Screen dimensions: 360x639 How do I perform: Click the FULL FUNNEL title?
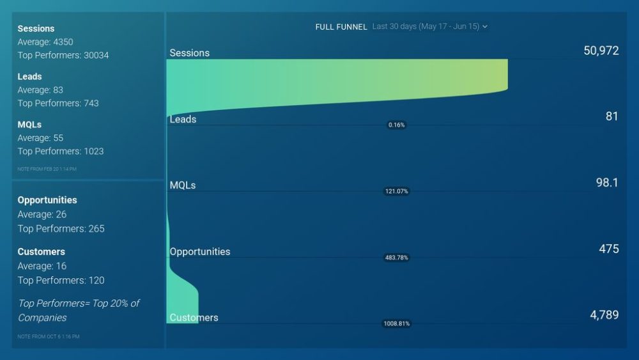tap(341, 27)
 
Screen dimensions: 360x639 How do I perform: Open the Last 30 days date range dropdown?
tap(429, 27)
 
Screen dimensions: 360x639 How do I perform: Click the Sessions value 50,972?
tap(601, 51)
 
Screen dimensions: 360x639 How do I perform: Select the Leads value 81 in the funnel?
tap(612, 116)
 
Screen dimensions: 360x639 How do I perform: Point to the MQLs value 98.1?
tap(606, 183)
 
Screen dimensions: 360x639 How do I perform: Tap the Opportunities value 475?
tap(608, 249)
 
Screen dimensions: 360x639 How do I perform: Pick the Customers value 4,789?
tap(604, 315)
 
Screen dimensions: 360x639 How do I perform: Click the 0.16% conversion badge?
tap(396, 125)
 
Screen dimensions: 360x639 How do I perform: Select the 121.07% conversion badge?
tap(396, 191)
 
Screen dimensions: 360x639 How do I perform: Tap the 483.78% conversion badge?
tap(396, 258)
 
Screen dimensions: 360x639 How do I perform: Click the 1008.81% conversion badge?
tap(396, 324)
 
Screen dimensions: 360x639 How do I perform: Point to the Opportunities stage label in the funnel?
tap(200, 251)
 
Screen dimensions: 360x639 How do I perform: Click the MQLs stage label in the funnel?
tap(183, 185)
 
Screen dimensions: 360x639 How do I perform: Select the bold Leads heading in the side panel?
tap(29, 76)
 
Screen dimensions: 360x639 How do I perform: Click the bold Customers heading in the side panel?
tap(41, 251)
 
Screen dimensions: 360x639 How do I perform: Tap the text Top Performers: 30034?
tap(63, 55)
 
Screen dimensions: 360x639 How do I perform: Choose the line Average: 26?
tap(42, 214)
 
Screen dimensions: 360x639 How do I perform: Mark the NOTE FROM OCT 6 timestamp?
tap(49, 336)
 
